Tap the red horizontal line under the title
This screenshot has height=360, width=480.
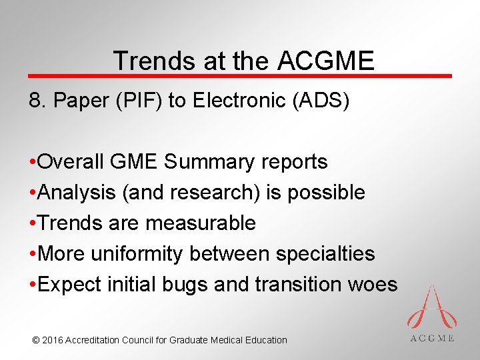[240, 76]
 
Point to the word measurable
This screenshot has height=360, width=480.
[201, 223]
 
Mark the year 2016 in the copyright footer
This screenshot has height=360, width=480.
[53, 340]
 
